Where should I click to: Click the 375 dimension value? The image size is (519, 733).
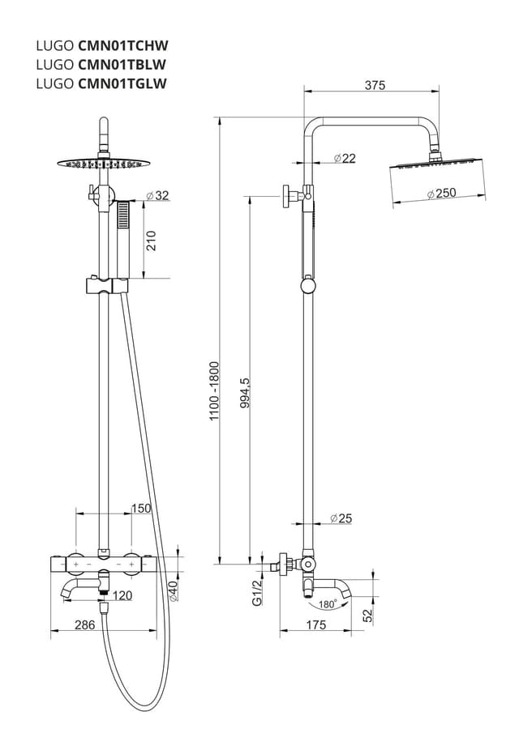(x=374, y=85)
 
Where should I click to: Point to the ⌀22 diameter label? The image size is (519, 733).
(x=344, y=159)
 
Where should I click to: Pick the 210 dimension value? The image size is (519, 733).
(x=151, y=241)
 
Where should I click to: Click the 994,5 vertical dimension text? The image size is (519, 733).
(x=244, y=393)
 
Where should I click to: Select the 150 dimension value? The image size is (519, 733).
(x=141, y=509)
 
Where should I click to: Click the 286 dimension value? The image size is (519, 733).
(x=84, y=624)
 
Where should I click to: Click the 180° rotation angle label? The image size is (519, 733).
(x=328, y=604)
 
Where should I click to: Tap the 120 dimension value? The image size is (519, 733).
(x=122, y=596)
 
